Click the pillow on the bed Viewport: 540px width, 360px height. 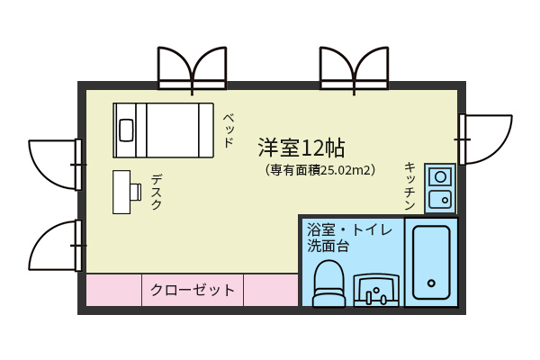pos(126,130)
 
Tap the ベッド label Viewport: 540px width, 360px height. pos(229,130)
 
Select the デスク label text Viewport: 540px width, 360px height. pos(157,192)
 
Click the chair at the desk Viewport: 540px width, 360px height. pos(136,192)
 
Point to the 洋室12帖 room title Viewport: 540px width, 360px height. pos(301,148)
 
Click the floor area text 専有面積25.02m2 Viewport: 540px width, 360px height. pos(320,170)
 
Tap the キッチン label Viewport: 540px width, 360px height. pos(409,186)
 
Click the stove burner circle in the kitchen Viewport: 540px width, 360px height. pos(440,177)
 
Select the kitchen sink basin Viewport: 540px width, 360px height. pos(440,200)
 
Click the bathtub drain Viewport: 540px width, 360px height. pos(431,283)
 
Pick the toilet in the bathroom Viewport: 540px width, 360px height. pos(328,283)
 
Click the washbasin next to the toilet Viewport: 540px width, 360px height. pos(376,290)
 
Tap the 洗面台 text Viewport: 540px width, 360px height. pos(328,246)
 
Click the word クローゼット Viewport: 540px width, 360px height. pos(193,290)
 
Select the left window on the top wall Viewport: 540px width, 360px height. pos(193,70)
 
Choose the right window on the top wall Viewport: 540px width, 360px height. pos(355,70)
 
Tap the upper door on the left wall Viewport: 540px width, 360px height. pos(56,165)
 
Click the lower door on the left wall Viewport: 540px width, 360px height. pos(56,246)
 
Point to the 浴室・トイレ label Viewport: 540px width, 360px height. pos(349,229)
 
